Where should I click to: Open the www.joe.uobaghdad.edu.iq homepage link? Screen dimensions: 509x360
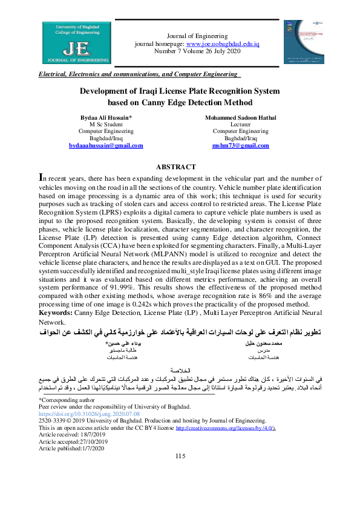point(223,45)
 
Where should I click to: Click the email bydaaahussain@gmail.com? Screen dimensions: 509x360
point(106,146)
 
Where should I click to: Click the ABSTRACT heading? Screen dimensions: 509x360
point(176,167)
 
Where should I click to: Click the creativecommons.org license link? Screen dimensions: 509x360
point(226,427)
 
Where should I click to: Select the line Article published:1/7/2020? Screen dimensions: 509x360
point(72,449)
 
